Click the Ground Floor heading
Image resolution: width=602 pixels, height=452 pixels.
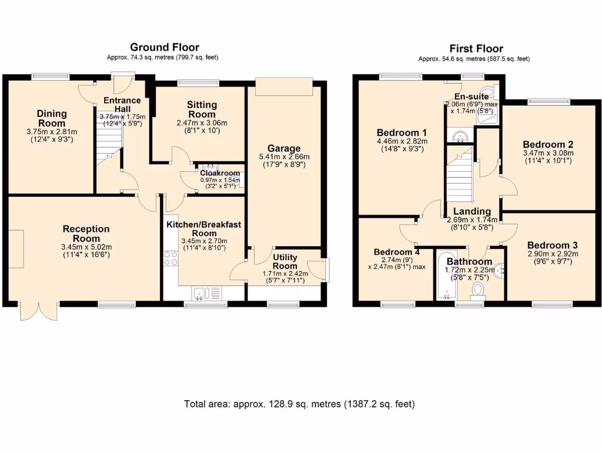164,47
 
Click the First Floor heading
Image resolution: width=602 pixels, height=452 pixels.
476,48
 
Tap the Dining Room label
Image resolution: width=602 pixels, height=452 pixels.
52,118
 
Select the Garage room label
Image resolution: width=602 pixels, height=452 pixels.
284,148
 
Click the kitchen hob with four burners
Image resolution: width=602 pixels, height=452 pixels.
170,258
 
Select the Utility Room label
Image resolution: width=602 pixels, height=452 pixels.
285,262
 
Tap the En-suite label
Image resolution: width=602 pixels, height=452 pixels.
471,96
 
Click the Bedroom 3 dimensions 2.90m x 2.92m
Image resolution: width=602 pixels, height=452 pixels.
552,254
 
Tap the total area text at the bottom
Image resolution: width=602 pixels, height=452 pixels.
300,404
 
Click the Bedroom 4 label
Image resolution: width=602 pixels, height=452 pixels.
397,252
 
